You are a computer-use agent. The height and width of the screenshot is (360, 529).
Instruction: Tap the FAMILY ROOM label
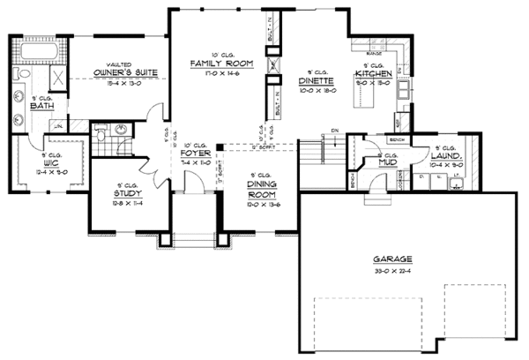coord(222,64)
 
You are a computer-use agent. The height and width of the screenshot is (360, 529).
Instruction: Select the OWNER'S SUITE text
coord(121,73)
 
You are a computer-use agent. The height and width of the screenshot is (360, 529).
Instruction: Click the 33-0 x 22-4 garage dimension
coord(389,270)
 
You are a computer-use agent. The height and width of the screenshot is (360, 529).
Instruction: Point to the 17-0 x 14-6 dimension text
coord(222,74)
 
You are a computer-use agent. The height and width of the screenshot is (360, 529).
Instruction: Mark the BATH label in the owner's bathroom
coord(40,107)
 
